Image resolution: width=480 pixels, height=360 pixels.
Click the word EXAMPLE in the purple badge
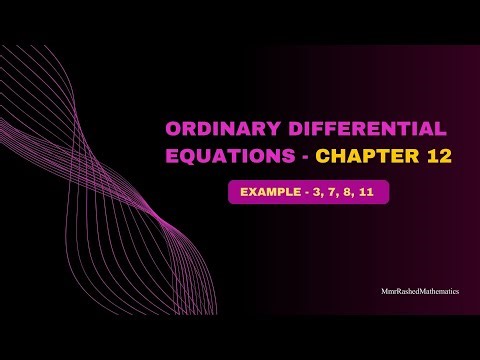[x=266, y=192]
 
